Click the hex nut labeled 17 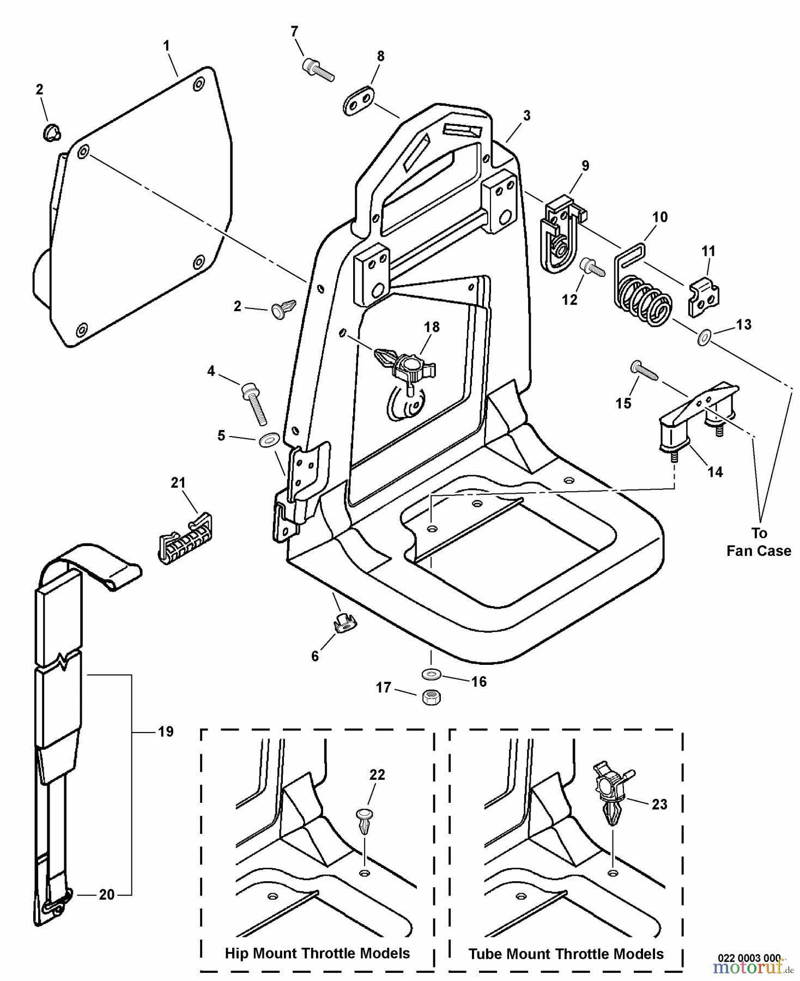point(432,697)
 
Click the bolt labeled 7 point(317,70)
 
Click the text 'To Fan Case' point(759,542)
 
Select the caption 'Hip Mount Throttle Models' point(317,953)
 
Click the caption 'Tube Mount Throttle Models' point(566,954)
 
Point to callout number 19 point(166,731)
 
